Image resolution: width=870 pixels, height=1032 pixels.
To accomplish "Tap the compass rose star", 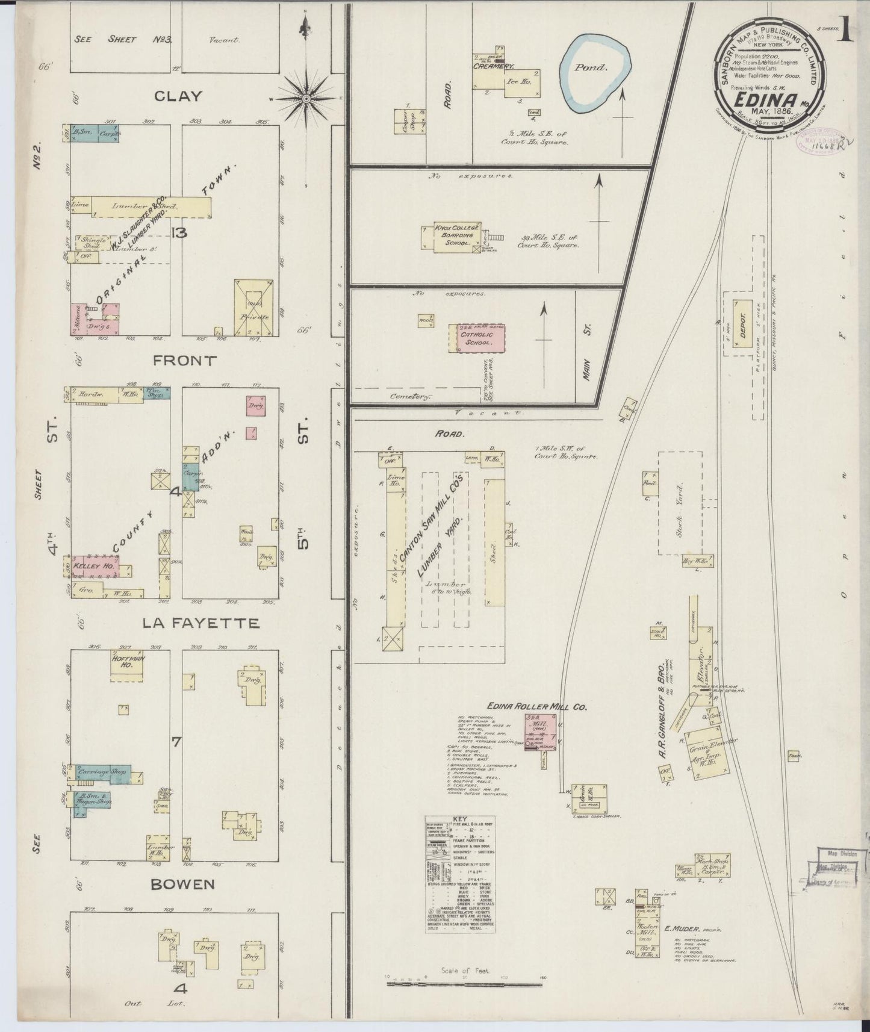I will [x=306, y=98].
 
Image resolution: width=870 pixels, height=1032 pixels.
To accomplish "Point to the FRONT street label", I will [x=185, y=361].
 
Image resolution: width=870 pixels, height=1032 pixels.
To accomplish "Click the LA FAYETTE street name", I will [x=200, y=623].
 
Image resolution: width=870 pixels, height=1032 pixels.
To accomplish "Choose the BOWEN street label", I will [x=182, y=884].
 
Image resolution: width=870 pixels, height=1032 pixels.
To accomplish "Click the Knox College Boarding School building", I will [x=457, y=237].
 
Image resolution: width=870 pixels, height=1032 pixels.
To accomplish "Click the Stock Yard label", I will [x=680, y=502].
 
